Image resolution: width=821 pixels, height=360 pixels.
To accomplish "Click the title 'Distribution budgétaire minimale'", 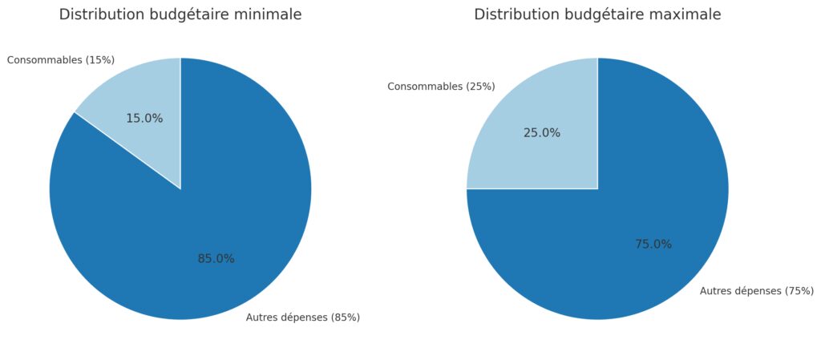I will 180,14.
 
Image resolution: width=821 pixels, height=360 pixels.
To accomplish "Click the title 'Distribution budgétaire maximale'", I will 597,14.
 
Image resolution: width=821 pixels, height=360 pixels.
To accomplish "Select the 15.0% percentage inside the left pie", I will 144,119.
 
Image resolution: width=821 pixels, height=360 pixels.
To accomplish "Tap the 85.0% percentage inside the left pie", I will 216,259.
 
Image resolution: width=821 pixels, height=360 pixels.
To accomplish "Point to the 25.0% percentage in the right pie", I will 542,133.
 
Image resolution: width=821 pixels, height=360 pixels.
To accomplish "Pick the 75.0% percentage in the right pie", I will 653,245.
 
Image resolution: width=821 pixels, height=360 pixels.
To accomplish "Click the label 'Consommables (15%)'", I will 61,60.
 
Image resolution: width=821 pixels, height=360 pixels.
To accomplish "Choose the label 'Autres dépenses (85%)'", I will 303,318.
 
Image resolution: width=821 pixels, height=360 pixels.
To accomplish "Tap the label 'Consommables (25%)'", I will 441,87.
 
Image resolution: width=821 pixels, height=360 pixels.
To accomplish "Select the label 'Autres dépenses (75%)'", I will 757,291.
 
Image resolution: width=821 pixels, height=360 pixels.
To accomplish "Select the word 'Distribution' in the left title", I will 101,14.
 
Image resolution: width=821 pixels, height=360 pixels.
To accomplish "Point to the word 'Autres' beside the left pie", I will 261,318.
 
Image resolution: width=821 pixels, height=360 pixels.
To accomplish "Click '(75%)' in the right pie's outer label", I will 799,291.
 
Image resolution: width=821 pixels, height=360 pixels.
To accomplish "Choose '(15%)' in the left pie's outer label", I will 99,60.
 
